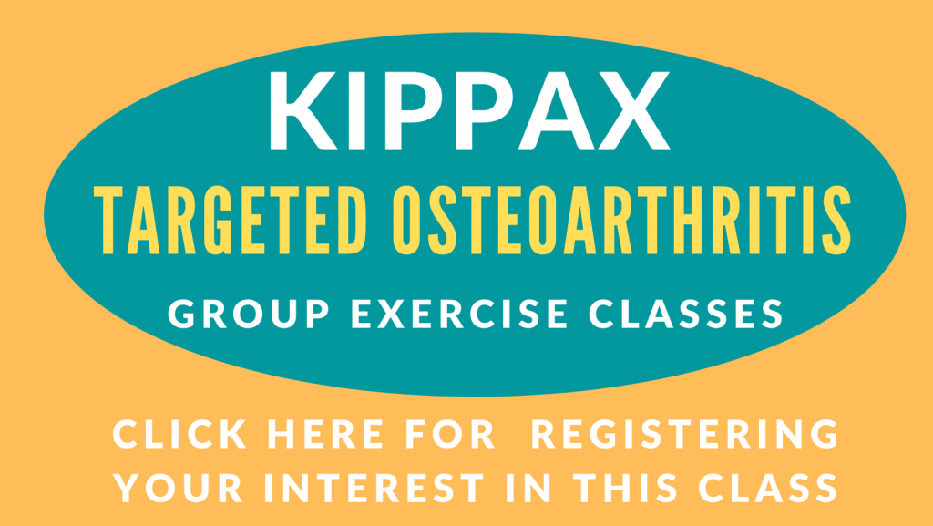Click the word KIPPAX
(469, 110)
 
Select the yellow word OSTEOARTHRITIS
(622, 221)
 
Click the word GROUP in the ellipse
(249, 314)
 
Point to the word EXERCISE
(459, 314)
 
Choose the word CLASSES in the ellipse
(685, 314)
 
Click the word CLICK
(179, 434)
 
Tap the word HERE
(325, 434)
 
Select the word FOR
(450, 434)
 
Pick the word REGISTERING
(685, 434)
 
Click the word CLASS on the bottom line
(768, 488)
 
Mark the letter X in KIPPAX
(634, 110)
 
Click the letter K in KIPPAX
(303, 110)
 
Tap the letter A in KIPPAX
(557, 110)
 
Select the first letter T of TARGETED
(108, 221)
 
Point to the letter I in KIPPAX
(357, 110)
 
